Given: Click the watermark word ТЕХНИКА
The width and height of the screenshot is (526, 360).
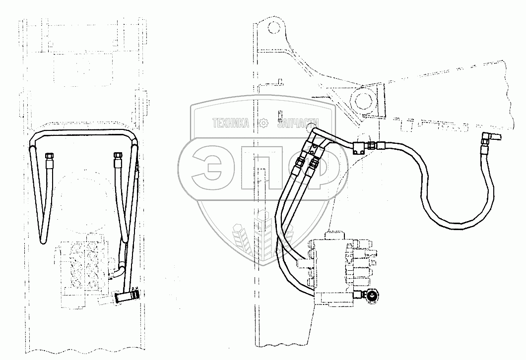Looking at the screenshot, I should pyautogui.click(x=231, y=123).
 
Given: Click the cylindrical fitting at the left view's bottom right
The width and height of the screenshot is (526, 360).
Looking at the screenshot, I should pyautogui.click(x=126, y=298).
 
